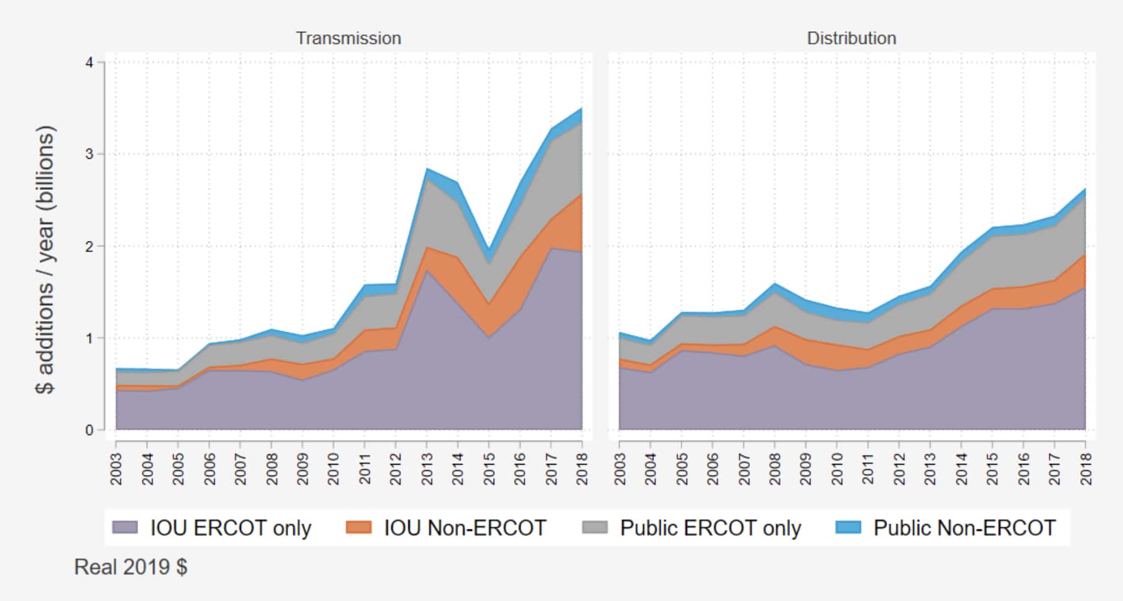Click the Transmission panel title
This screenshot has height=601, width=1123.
point(348,38)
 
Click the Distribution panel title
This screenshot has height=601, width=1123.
point(851,38)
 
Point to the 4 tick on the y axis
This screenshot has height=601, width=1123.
point(90,63)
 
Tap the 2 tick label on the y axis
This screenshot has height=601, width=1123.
point(90,246)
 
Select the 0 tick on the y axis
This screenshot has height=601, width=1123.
point(90,430)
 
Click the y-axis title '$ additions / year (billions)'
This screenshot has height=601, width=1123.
point(46,260)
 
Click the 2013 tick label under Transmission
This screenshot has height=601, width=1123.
point(427,469)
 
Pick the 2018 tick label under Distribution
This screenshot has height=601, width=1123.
point(1085,469)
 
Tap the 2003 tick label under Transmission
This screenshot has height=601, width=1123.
point(116,469)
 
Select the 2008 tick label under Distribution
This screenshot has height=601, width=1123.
point(774,469)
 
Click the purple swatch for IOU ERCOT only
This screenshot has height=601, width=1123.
point(124,528)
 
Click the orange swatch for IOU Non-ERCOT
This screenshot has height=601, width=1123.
point(359,528)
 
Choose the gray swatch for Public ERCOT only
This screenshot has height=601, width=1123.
point(595,528)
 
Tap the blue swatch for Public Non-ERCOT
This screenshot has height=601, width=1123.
point(848,528)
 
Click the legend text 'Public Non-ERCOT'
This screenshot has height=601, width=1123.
point(964,528)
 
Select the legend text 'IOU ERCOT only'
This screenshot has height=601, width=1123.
point(230,528)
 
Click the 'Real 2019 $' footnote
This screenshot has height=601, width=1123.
point(130,567)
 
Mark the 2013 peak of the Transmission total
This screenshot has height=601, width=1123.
point(427,169)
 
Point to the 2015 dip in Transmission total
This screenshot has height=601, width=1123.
point(489,251)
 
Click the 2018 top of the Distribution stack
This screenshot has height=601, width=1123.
point(1085,189)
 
